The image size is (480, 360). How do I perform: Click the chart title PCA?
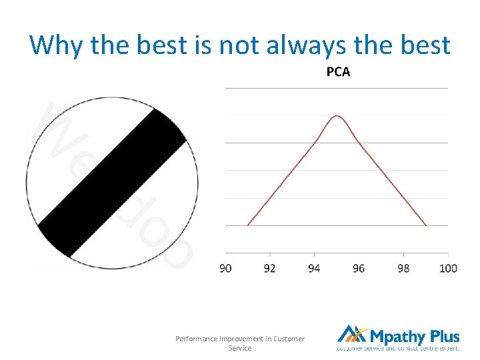[x=338, y=72]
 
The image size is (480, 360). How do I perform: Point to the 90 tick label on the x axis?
[x=226, y=268]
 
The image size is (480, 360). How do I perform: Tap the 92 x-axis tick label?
[x=270, y=268]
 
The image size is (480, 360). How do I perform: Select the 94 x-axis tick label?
[x=314, y=268]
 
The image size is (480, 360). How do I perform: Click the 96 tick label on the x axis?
[x=359, y=268]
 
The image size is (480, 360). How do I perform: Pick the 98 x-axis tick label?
[x=403, y=268]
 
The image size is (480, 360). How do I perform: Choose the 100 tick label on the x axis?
[x=449, y=268]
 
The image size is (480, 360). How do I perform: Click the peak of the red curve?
[x=337, y=116]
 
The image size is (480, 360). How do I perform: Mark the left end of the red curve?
[x=247, y=225]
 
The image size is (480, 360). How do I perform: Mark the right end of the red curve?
[x=426, y=225]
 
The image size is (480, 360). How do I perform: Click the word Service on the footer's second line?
[x=240, y=348]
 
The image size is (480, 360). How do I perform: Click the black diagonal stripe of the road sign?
[x=112, y=183]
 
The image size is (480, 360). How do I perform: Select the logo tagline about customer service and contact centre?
[x=398, y=348]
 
